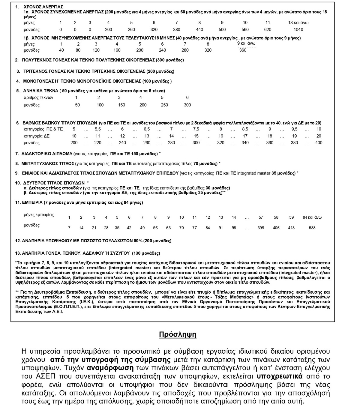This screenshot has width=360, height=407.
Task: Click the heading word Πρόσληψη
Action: pyautogui.click(x=178, y=334)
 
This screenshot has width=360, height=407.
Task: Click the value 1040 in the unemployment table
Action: pyautogui.click(x=298, y=29)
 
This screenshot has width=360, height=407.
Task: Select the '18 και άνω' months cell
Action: pyautogui.click(x=298, y=22)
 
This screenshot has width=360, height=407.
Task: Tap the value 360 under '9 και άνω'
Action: pyautogui.click(x=243, y=50)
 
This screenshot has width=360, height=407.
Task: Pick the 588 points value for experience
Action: pyautogui.click(x=312, y=228)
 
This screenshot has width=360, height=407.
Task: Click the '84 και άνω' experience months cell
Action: pyautogui.click(x=312, y=217)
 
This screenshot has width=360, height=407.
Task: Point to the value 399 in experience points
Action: pyautogui.click(x=261, y=228)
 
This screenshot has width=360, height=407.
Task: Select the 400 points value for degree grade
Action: pyautogui.click(x=319, y=143)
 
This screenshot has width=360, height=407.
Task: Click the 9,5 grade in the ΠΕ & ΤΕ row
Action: pyautogui.click(x=294, y=129)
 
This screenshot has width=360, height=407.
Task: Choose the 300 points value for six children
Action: pyautogui.click(x=187, y=105)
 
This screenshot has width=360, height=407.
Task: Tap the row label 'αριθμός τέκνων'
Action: pyautogui.click(x=38, y=97)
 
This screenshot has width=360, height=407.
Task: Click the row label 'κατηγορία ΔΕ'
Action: pyautogui.click(x=37, y=136)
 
